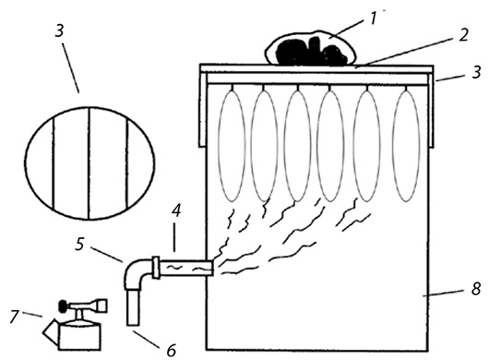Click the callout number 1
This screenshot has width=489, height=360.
click(x=373, y=18)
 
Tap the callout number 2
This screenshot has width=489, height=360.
click(x=463, y=35)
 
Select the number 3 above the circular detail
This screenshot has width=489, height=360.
click(x=60, y=31)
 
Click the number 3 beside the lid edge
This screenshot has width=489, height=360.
click(x=476, y=72)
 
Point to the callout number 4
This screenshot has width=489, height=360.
click(x=176, y=211)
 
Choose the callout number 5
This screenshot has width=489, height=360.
click(x=80, y=245)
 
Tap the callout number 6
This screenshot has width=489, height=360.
click(x=171, y=350)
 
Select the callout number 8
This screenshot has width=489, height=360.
click(x=475, y=289)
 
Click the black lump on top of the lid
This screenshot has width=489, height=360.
click(x=310, y=51)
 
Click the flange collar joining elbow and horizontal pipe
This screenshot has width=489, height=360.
click(x=156, y=268)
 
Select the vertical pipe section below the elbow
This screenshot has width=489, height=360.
click(x=134, y=307)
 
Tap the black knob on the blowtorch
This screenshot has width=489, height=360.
click(x=64, y=306)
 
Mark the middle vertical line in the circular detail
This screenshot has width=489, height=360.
click(x=89, y=163)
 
